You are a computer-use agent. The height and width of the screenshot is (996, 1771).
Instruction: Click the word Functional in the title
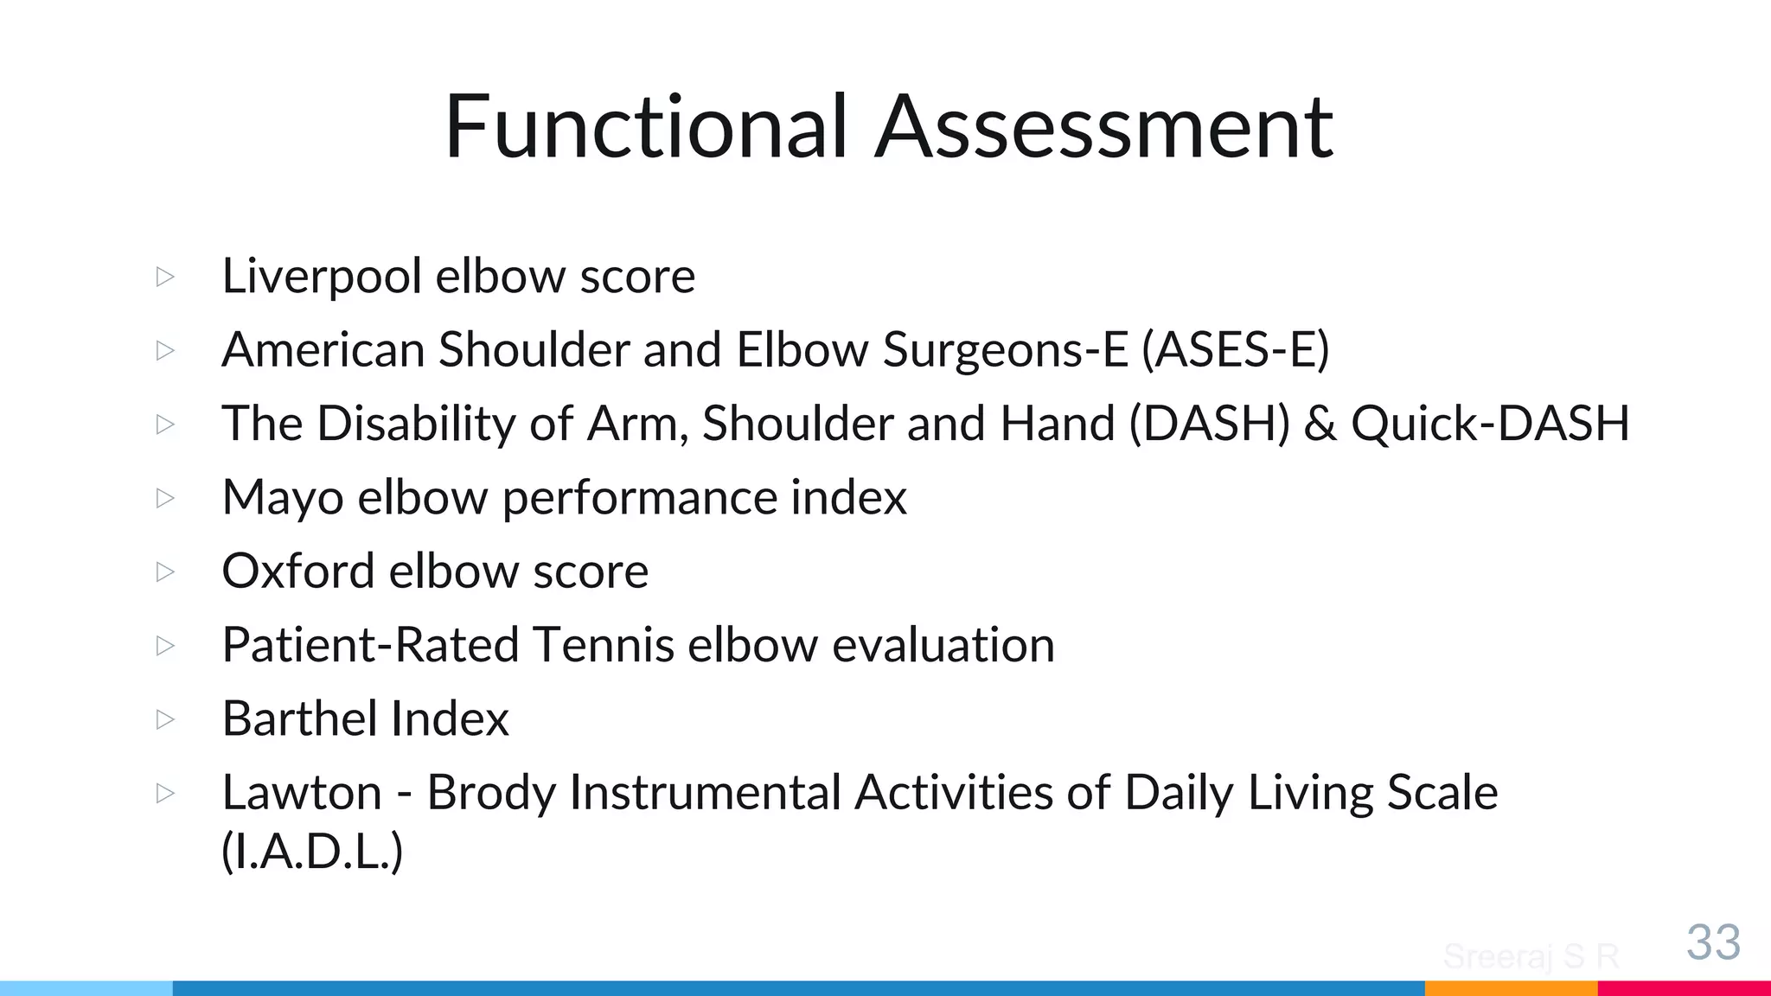coord(645,127)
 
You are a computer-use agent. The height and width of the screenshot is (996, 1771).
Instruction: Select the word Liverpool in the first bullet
coord(321,277)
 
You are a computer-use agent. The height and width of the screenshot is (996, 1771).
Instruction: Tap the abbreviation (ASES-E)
coord(1236,350)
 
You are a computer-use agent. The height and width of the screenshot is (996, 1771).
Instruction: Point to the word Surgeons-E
coord(1005,350)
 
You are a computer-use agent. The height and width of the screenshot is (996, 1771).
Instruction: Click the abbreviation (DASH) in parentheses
coord(1209,424)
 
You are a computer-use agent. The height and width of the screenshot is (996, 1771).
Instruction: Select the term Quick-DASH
coord(1490,424)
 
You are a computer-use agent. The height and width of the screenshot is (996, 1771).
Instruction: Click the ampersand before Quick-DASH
coord(1320,424)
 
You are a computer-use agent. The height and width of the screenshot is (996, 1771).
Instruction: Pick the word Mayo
coord(282,499)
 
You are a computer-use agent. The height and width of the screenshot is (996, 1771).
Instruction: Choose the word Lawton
coord(302,792)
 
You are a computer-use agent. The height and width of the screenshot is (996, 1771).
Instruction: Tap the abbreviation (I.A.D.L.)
coord(312,852)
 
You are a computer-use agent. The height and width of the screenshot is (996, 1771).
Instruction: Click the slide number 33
coord(1713,942)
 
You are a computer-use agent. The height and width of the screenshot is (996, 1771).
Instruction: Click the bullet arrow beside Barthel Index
coord(165,718)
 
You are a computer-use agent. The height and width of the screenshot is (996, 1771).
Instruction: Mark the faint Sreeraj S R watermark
coord(1531,956)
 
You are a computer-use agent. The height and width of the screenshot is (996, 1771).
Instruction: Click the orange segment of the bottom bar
coord(1511,988)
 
